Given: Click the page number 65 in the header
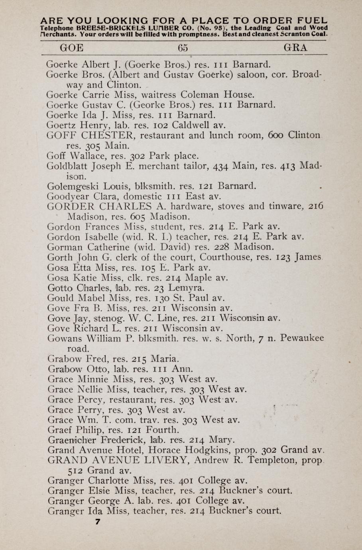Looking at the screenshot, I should [183, 48].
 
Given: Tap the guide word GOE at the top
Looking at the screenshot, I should [71, 48].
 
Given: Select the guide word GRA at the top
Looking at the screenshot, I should [295, 48].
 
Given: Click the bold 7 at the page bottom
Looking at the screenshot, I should [97, 521].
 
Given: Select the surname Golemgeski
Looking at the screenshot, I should [72, 186].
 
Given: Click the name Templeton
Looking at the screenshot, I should [274, 460].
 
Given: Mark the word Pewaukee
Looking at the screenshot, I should [302, 338].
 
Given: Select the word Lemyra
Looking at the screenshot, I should [187, 287].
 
